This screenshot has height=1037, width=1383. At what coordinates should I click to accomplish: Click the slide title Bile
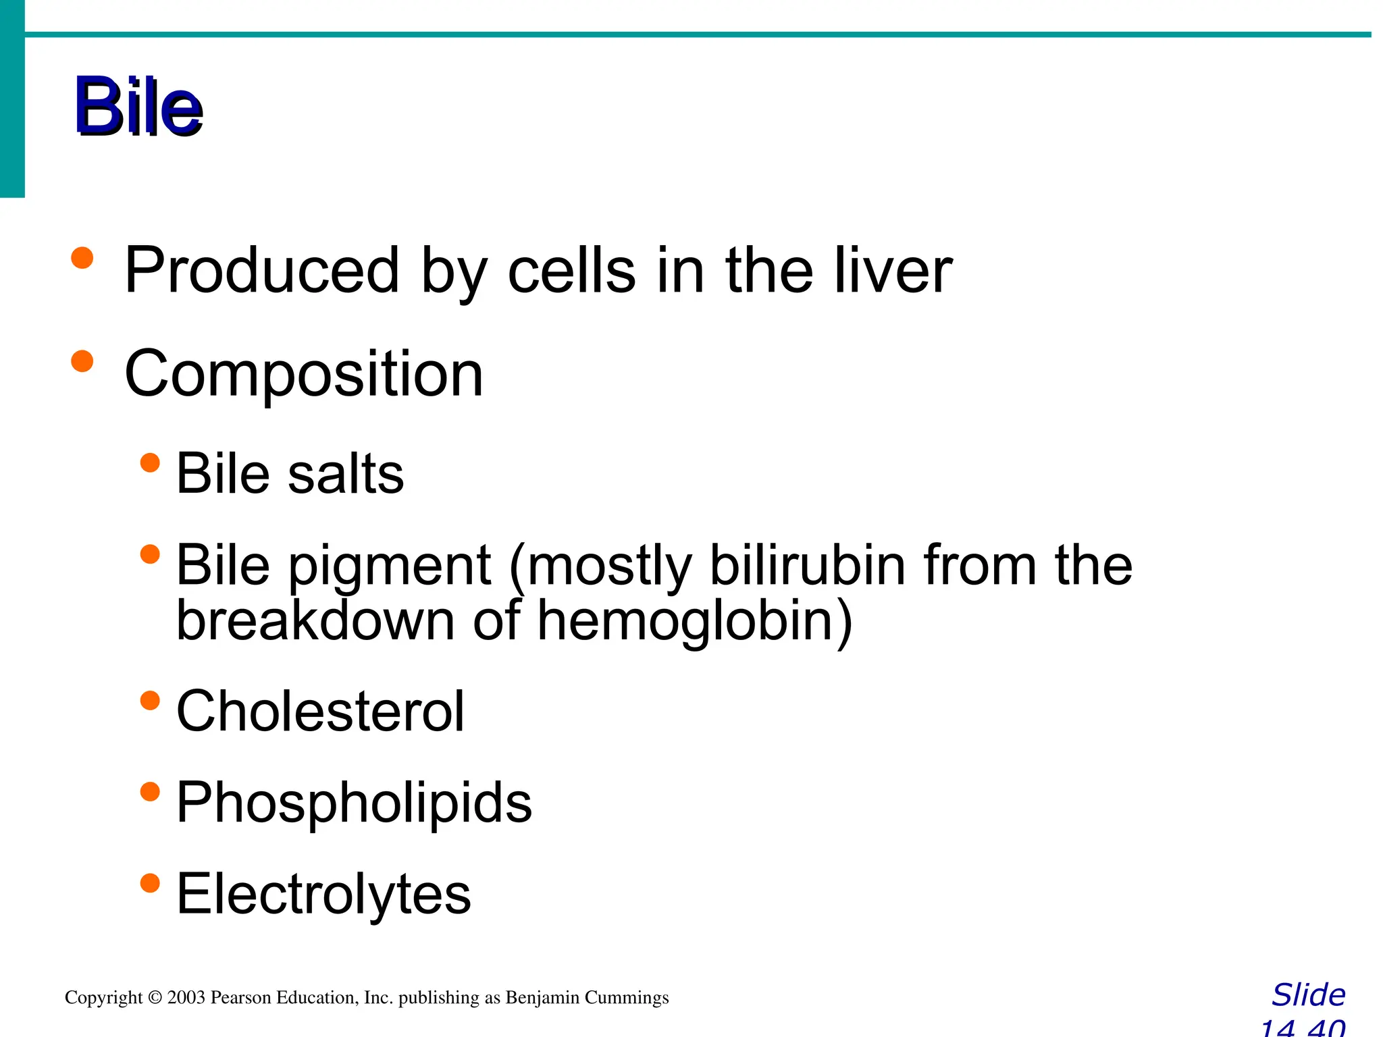pyautogui.click(x=138, y=106)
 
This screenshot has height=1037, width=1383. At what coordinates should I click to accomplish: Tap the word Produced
pyautogui.click(x=262, y=270)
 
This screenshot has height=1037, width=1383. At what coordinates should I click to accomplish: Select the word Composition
pyautogui.click(x=304, y=375)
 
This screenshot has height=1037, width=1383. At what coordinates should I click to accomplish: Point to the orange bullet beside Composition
pyautogui.click(x=82, y=361)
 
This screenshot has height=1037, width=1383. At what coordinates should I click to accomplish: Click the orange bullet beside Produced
pyautogui.click(x=82, y=258)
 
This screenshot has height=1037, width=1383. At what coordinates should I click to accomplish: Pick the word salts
pyautogui.click(x=346, y=473)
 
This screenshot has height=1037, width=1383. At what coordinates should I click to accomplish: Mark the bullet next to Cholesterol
pyautogui.click(x=150, y=700)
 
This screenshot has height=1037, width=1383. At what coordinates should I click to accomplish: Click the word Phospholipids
pyautogui.click(x=354, y=803)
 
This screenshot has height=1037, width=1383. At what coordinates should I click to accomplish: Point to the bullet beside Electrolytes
pyautogui.click(x=150, y=882)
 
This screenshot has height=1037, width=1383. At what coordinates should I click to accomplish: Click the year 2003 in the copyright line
pyautogui.click(x=186, y=997)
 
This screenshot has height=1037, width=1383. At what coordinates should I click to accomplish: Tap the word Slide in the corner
pyautogui.click(x=1308, y=995)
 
